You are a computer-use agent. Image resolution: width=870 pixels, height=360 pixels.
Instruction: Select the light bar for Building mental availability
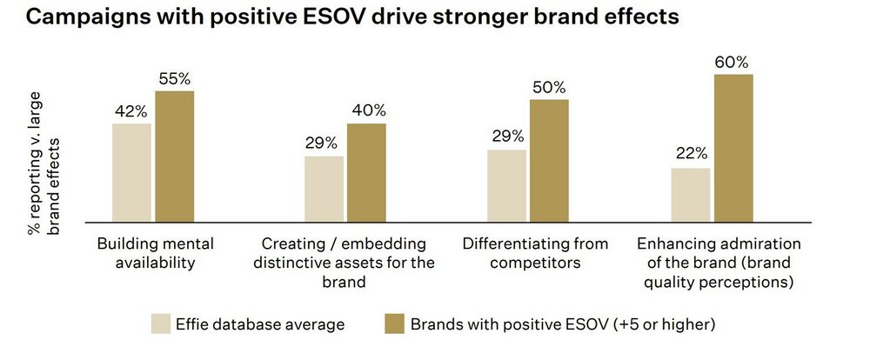131,172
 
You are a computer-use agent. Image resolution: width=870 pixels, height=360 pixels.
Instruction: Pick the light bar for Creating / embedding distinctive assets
324,189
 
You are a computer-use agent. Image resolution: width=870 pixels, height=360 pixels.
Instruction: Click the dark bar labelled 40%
366,172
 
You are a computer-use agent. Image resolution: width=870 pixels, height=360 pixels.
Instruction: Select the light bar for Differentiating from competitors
506,185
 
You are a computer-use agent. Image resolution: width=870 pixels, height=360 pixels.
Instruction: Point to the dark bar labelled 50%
549,160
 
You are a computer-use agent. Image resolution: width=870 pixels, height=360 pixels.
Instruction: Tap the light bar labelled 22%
691,195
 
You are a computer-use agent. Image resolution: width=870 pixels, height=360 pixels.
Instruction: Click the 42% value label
131,110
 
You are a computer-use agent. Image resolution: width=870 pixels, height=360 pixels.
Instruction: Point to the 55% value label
175,78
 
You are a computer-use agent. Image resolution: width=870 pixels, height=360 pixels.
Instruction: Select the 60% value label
733,62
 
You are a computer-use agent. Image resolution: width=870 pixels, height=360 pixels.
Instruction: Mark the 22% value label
691,155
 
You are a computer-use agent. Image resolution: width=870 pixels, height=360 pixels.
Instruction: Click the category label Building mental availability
156,252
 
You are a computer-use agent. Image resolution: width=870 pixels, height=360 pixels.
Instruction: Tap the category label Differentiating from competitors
535,252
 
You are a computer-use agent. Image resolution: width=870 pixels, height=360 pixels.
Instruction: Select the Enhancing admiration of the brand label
719,262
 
